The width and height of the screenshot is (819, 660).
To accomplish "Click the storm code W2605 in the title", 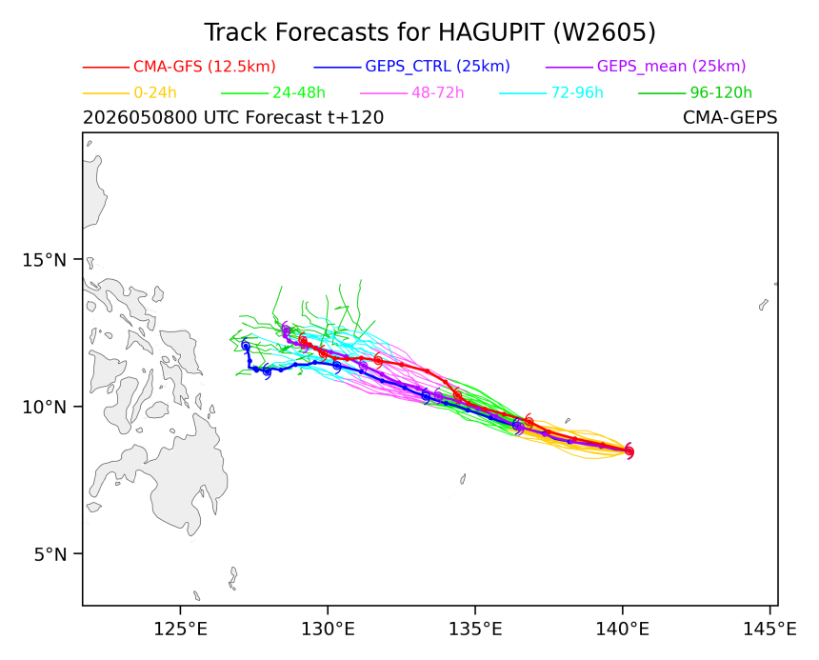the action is tap(603, 32).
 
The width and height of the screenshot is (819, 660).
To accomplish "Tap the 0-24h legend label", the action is tap(155, 93).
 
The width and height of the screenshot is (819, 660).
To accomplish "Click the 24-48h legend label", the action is tap(299, 93).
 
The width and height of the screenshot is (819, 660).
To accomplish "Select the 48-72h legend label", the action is tap(438, 93).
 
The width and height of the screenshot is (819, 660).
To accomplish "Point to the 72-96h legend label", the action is tap(577, 93).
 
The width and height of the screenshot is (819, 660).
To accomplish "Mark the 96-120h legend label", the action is tap(721, 93).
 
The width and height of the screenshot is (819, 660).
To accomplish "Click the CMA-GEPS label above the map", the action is tap(729, 117).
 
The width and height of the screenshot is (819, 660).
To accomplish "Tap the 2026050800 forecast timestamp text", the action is tap(139, 117).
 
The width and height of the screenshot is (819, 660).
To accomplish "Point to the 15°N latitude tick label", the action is tap(45, 259).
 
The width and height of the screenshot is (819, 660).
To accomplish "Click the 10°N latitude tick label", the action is tap(45, 407).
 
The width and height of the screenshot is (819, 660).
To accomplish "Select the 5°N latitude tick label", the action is tap(50, 554).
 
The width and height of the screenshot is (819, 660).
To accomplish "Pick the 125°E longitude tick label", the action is tap(180, 630).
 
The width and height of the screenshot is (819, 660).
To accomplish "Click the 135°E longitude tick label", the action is tap(475, 630).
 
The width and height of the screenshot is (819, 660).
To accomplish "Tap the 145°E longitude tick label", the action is tap(769, 630).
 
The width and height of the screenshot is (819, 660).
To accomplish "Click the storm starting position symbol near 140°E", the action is tap(629, 451).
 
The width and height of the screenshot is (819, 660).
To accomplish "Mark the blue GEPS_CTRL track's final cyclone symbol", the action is tap(246, 346).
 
